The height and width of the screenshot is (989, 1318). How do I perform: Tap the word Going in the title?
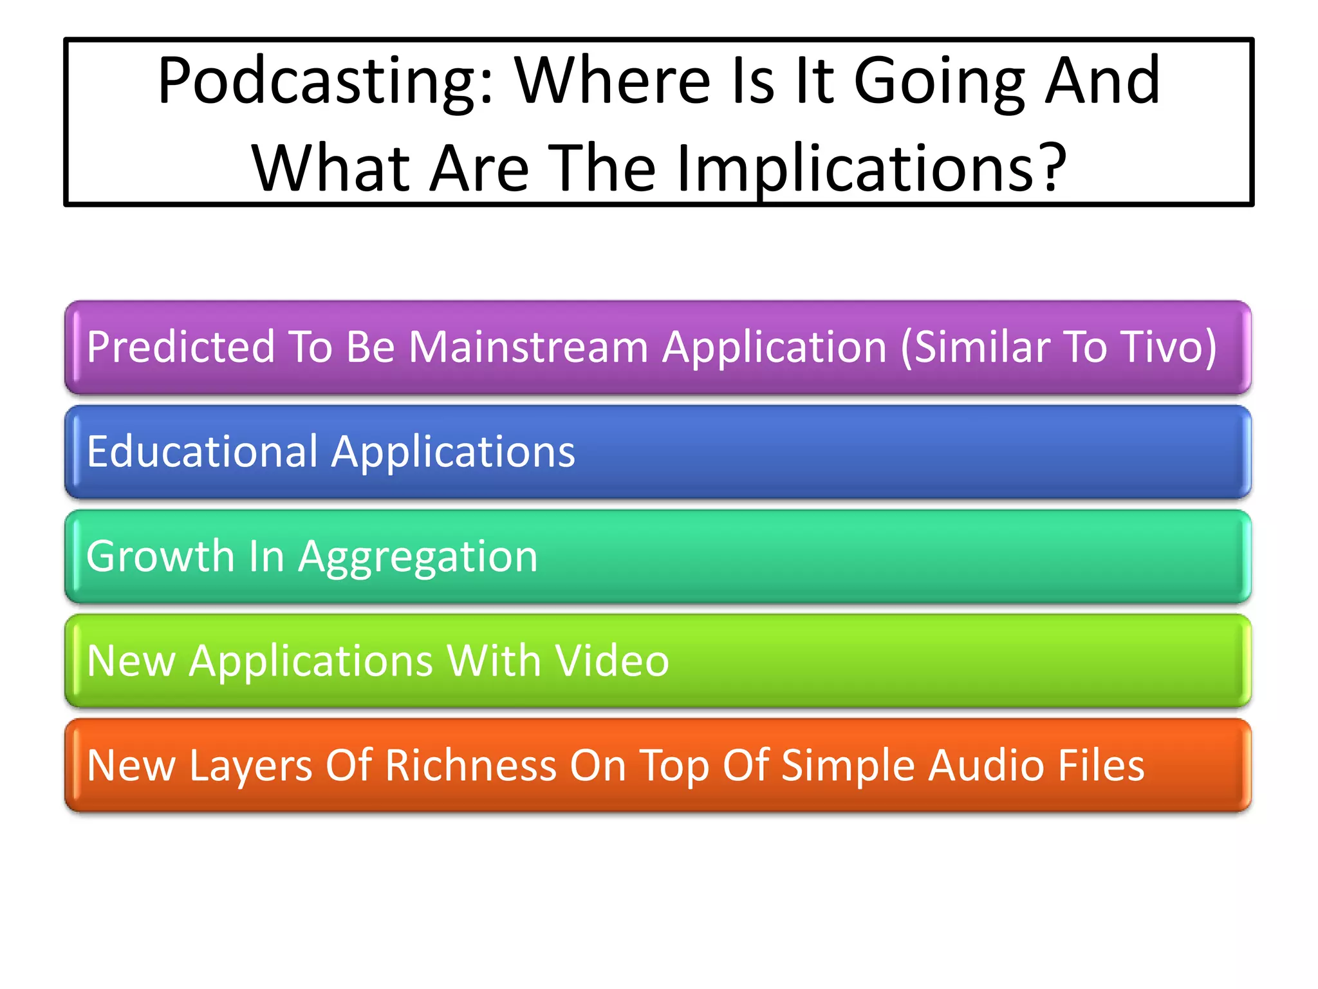939,82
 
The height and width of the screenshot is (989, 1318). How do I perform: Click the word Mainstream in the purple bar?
528,347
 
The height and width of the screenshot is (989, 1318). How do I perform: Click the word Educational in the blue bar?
202,451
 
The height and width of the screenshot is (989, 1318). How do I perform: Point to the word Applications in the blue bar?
453,453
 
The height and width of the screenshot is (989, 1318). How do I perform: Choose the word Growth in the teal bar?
160,556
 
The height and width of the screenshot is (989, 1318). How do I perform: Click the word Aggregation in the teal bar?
418,558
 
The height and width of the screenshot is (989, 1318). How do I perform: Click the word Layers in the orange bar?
251,766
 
